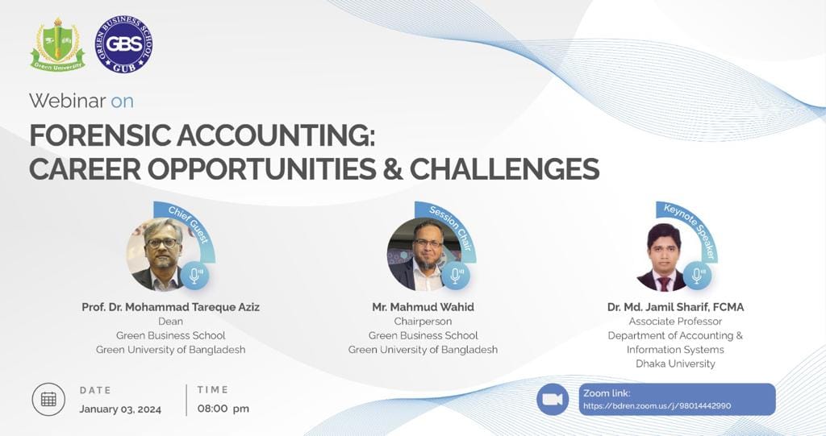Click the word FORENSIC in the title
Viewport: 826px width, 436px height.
(100, 135)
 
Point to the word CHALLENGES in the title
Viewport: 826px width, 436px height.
(505, 168)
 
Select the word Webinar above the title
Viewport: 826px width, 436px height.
(67, 101)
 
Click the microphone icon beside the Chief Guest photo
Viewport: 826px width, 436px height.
(195, 275)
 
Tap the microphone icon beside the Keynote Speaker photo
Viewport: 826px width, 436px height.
(697, 275)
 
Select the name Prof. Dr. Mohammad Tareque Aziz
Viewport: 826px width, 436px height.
(171, 307)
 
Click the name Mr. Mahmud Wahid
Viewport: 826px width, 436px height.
(423, 307)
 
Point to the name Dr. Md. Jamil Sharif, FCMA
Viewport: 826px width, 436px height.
(675, 307)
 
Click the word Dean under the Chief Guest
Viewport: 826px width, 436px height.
(170, 322)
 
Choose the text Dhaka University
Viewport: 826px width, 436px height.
(675, 363)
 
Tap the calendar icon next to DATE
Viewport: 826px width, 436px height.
(48, 399)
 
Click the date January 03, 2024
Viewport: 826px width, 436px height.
(120, 409)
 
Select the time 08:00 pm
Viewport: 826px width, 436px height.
(223, 409)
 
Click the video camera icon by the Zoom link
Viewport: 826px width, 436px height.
(553, 399)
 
